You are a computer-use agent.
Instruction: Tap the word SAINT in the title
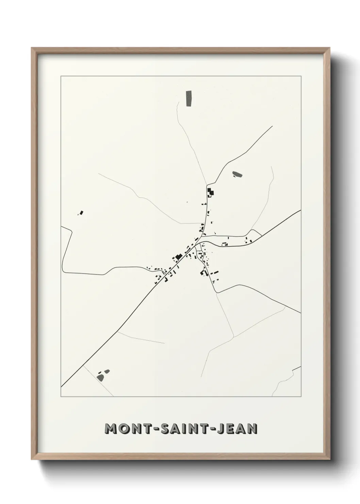click(181, 429)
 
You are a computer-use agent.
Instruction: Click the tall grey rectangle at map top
click(189, 99)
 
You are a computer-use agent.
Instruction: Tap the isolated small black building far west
click(81, 213)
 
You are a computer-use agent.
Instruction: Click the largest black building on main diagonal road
click(177, 257)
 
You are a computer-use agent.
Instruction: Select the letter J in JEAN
click(220, 429)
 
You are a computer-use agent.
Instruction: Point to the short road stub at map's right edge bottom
click(296, 368)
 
